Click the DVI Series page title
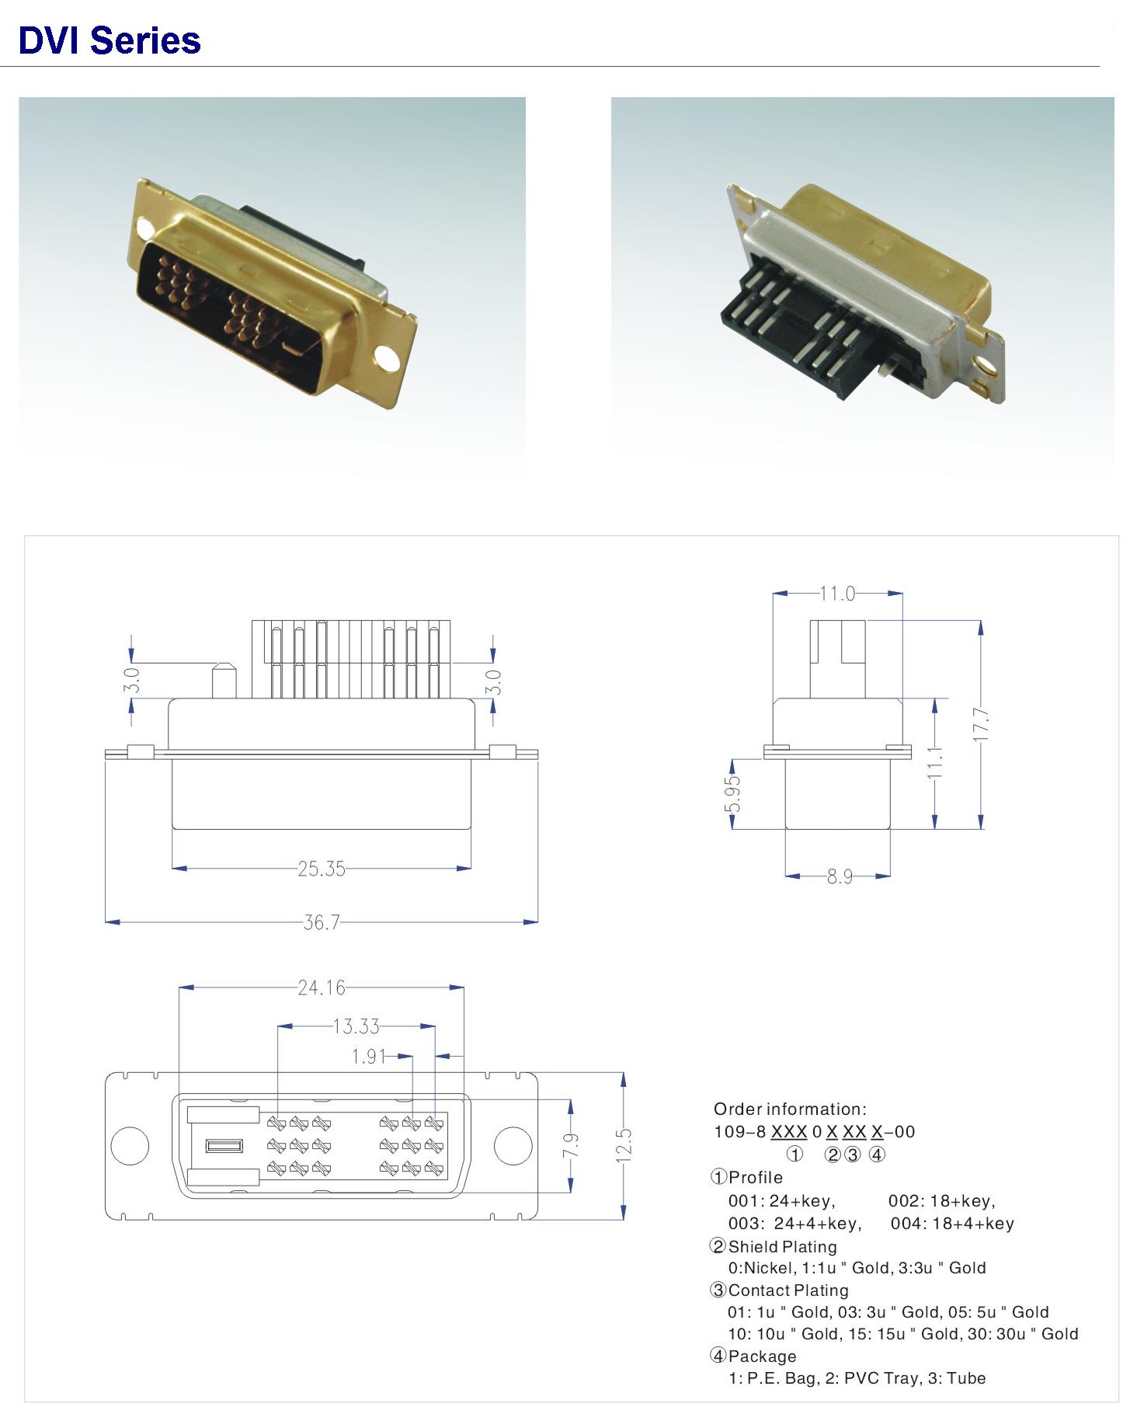(110, 40)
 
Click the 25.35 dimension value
(322, 869)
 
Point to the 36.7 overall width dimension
(322, 922)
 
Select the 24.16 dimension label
(322, 987)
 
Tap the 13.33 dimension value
(356, 1026)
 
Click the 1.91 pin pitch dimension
(369, 1057)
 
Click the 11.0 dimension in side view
(837, 594)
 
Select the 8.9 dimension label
(840, 876)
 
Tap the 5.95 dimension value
(732, 794)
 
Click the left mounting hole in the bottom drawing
(130, 1146)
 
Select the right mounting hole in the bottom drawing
(513, 1146)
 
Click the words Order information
(790, 1109)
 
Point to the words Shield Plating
(783, 1246)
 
